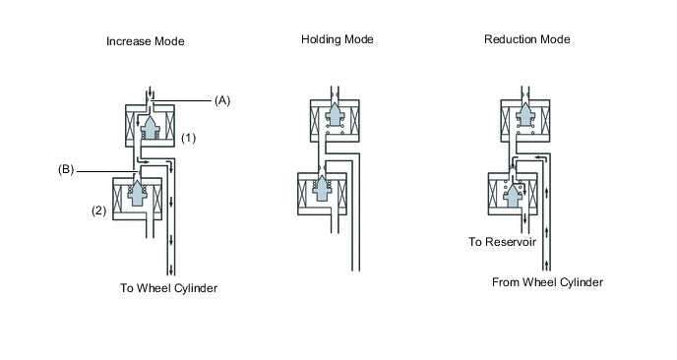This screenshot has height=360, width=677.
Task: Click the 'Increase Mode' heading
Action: pyautogui.click(x=145, y=41)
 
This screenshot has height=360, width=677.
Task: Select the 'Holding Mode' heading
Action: pyautogui.click(x=338, y=39)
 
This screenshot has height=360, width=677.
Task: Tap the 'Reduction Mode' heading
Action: pyautogui.click(x=526, y=39)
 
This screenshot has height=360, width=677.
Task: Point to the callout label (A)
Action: pyautogui.click(x=222, y=100)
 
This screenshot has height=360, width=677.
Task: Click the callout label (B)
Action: pyautogui.click(x=66, y=169)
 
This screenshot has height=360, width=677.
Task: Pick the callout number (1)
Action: pyautogui.click(x=188, y=138)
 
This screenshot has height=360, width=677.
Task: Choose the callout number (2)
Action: pyautogui.click(x=98, y=210)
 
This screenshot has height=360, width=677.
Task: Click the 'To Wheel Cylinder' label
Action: pyautogui.click(x=169, y=288)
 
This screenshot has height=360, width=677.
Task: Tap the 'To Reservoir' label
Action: pyautogui.click(x=503, y=242)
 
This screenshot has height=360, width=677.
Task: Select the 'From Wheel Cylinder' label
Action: pyautogui.click(x=547, y=282)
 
